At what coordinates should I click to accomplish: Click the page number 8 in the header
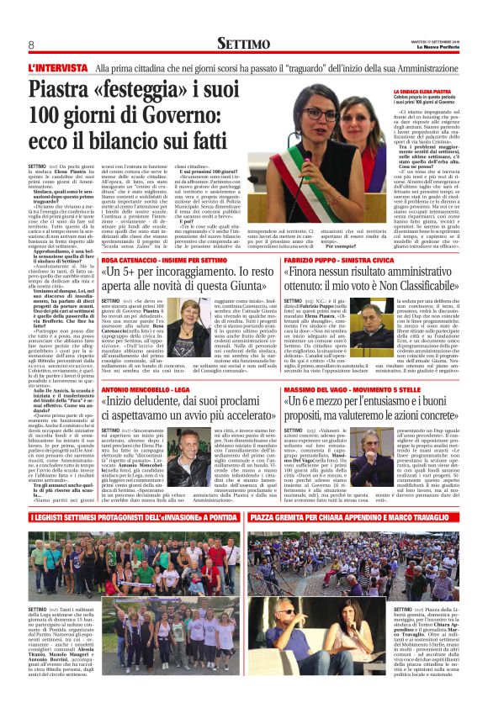[x=31, y=44]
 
